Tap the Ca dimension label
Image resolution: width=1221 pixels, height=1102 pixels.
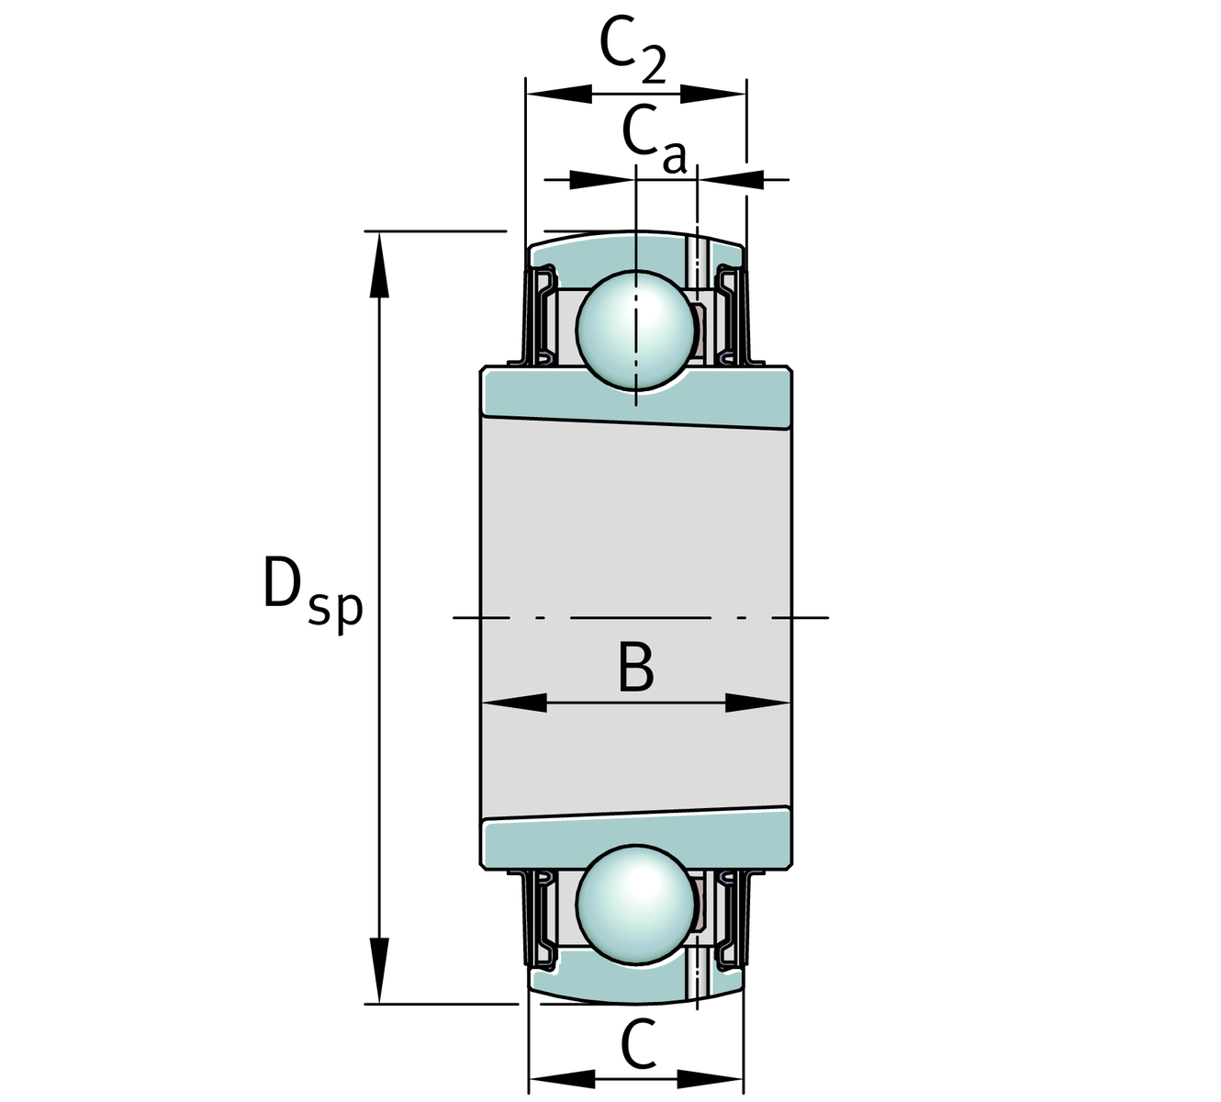pos(653,141)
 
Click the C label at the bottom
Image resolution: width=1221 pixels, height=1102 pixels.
pos(639,1044)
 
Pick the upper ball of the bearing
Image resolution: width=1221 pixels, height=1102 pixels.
pos(635,332)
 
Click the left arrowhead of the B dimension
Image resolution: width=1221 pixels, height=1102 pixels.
pos(514,703)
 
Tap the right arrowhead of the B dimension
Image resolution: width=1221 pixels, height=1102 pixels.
pos(758,703)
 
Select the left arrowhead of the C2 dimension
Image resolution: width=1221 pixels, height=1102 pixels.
pos(558,93)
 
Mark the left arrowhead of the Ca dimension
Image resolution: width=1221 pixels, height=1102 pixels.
pos(602,179)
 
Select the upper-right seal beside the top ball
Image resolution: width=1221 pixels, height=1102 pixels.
pos(732,312)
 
